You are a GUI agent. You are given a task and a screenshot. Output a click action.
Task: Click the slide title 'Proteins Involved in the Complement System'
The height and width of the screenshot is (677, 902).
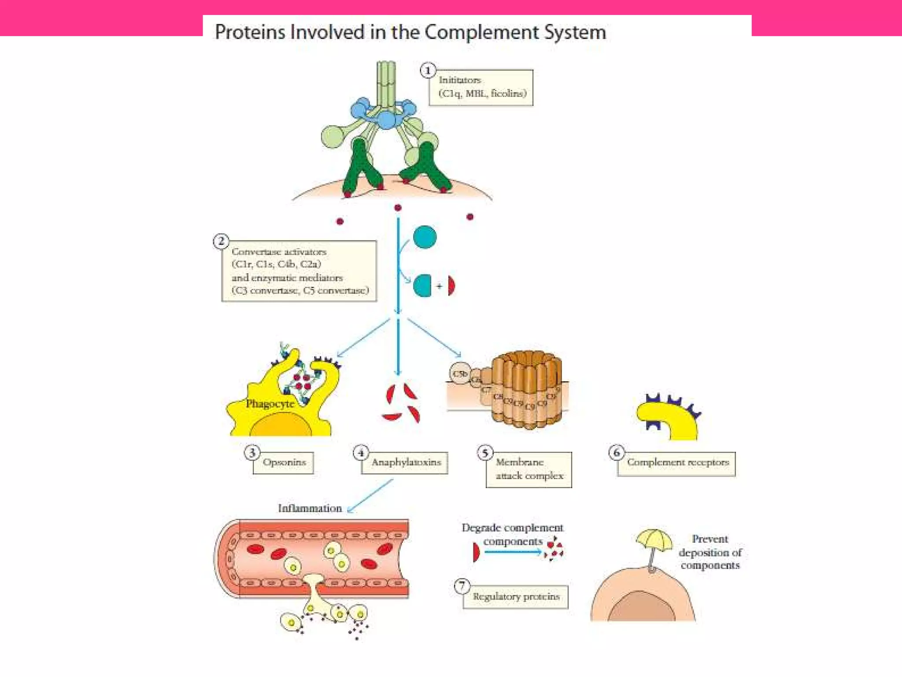[410, 32]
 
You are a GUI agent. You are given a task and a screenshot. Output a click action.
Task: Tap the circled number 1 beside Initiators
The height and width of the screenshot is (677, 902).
[428, 71]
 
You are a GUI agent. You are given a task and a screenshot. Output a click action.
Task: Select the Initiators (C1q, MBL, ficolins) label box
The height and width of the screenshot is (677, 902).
[481, 87]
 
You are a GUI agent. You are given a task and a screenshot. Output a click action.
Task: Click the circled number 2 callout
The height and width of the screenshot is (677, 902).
[221, 242]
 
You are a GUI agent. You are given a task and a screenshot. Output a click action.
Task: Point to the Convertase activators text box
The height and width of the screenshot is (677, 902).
[299, 271]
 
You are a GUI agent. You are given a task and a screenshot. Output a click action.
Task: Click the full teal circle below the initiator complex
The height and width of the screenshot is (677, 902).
[425, 237]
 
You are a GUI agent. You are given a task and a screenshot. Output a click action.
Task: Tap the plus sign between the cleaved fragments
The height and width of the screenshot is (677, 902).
[439, 286]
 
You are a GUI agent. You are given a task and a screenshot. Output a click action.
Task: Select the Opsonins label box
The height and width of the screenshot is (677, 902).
[284, 462]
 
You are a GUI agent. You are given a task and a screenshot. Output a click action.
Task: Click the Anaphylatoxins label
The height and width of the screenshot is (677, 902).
[405, 462]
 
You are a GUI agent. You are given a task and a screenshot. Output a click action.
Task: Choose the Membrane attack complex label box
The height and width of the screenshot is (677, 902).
[529, 469]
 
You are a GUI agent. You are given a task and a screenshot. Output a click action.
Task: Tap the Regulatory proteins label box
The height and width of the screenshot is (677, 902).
[516, 597]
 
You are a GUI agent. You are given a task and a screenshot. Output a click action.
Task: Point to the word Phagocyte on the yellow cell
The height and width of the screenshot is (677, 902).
[270, 404]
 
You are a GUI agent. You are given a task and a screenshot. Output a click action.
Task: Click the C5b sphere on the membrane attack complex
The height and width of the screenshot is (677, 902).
[460, 374]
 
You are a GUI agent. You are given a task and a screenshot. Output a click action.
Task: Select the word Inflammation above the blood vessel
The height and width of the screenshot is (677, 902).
[310, 508]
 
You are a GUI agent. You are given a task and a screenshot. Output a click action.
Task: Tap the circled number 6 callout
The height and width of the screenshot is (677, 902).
[617, 452]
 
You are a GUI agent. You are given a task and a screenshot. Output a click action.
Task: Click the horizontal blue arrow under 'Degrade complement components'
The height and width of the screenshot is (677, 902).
[512, 552]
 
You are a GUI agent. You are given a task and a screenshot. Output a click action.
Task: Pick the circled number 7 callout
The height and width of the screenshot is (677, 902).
[462, 586]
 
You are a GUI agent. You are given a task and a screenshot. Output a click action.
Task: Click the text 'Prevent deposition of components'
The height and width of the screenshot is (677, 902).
[710, 552]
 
